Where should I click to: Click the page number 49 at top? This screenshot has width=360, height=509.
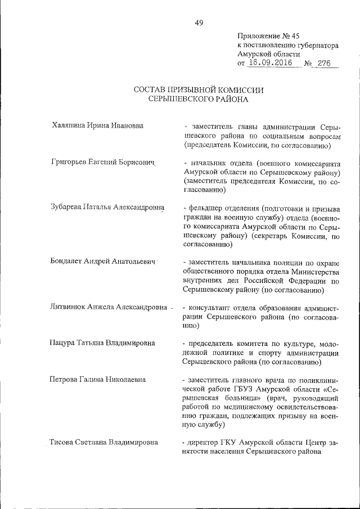[199, 23]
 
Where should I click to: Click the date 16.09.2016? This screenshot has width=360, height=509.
[268, 64]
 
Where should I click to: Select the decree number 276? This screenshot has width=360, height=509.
[323, 64]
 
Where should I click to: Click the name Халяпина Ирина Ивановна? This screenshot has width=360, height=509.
[97, 125]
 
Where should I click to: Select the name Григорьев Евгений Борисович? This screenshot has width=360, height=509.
[102, 162]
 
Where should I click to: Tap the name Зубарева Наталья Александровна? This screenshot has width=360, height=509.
[107, 208]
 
